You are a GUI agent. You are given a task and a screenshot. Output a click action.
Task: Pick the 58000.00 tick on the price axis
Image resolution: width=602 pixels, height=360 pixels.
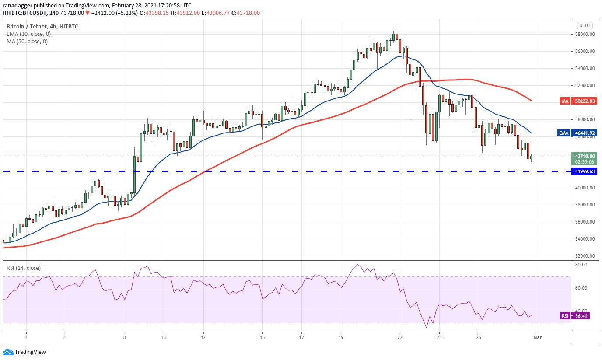click(x=585, y=34)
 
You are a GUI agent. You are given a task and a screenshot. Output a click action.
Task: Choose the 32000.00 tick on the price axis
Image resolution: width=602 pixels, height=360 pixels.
click(x=585, y=256)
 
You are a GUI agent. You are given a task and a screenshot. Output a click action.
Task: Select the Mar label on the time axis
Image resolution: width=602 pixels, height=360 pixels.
click(x=538, y=338)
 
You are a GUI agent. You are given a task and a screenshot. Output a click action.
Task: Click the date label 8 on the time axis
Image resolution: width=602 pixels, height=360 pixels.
click(x=125, y=338)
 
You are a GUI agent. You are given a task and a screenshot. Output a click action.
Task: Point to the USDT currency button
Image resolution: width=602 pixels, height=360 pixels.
click(x=584, y=25)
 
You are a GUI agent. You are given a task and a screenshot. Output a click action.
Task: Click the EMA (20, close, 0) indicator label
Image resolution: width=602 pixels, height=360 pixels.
click(x=27, y=34)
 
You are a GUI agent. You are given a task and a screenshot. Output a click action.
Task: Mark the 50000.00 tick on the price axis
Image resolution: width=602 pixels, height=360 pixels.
click(x=585, y=102)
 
